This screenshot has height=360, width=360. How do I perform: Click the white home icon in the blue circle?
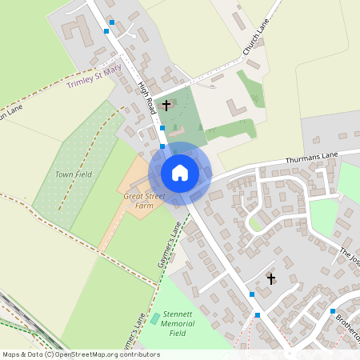click(x=179, y=173)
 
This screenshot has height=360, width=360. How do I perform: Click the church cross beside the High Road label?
click(x=166, y=105)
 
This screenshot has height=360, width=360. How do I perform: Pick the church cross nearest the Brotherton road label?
click(x=271, y=278)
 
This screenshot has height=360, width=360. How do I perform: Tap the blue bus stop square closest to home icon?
click(x=162, y=146)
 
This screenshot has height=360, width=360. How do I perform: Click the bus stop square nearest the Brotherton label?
click(x=333, y=310)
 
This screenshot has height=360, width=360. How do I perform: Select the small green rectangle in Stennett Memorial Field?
click(x=154, y=318)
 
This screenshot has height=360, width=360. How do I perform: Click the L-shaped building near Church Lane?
click(x=234, y=107)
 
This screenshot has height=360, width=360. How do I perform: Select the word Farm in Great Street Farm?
click(x=143, y=206)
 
